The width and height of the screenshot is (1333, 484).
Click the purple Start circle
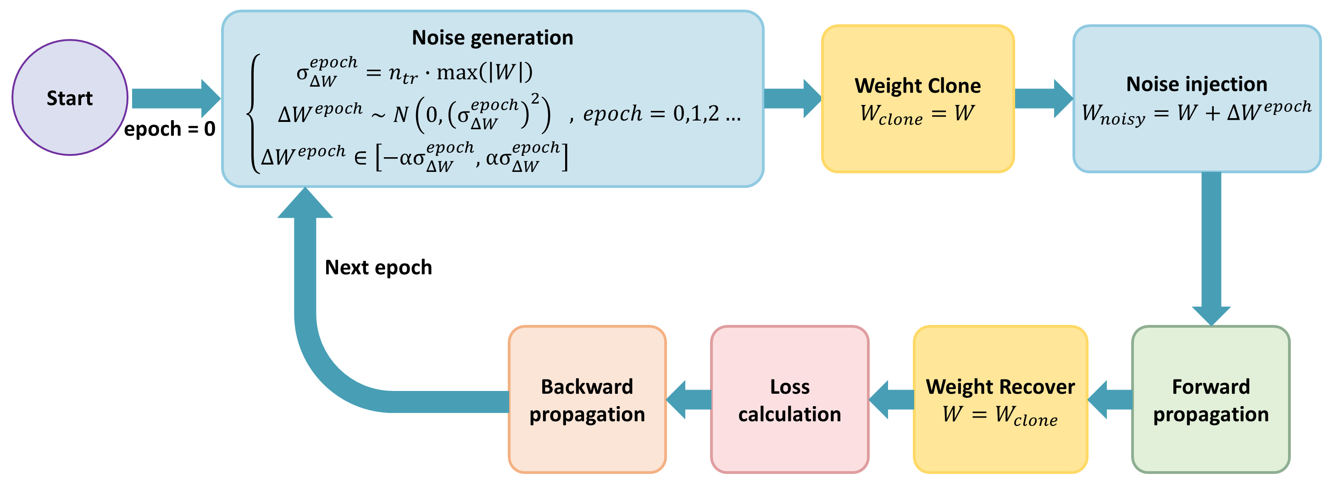pos(70,98)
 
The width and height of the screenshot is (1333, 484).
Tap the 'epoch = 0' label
pos(169,129)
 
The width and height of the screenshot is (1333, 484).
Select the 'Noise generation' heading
pos(492,38)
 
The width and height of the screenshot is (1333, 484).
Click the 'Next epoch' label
pos(378,267)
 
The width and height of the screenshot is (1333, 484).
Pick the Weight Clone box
pos(917,98)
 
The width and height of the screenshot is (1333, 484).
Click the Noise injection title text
pos(1196,84)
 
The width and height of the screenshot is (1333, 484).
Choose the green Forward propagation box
pos(1211,399)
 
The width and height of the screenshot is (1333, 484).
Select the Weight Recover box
pos(1000,399)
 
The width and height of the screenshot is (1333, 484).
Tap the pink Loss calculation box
pos(789,399)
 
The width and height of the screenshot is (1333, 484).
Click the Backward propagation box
pos(587,399)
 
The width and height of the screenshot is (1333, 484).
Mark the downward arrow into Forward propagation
pos(1211,248)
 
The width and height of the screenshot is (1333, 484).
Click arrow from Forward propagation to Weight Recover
pos(1111,400)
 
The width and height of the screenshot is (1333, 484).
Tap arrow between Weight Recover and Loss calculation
pos(892,400)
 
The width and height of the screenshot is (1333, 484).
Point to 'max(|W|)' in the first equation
pos(484,72)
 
